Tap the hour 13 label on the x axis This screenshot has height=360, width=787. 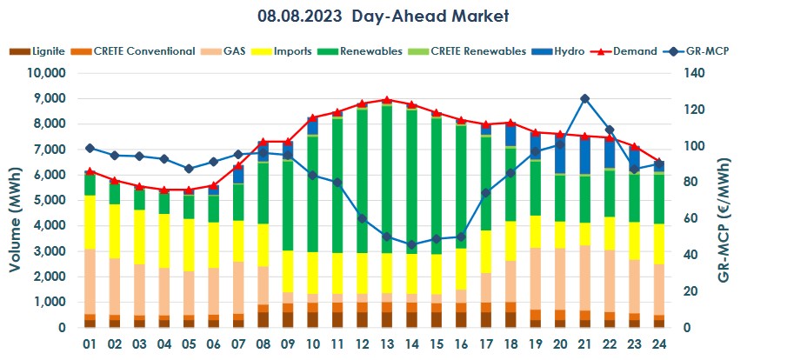click(387, 343)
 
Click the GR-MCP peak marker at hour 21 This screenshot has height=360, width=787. click(585, 99)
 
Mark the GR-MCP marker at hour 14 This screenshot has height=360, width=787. click(411, 244)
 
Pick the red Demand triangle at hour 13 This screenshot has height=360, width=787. click(387, 100)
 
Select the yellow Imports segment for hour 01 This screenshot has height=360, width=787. click(90, 222)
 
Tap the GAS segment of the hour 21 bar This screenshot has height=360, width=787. click(585, 278)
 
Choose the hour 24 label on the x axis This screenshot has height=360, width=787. click(659, 343)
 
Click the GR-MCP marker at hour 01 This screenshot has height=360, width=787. click(90, 148)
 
